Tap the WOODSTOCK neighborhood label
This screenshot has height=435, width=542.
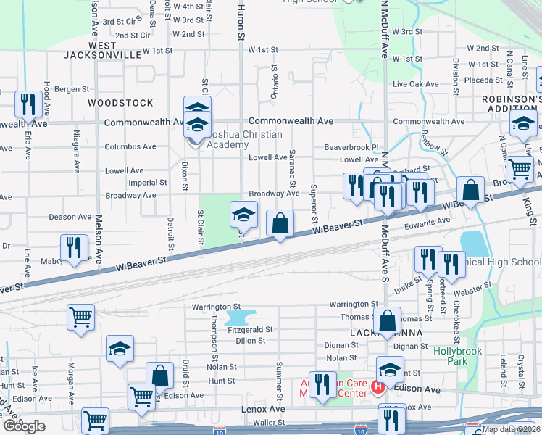tap(111, 103)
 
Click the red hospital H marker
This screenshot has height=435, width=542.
tap(378, 388)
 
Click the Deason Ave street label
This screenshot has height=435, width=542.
tap(70, 216)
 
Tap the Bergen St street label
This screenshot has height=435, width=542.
tap(71, 89)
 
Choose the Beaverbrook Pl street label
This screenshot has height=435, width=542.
tap(351, 147)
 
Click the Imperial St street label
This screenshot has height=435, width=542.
tap(148, 183)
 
